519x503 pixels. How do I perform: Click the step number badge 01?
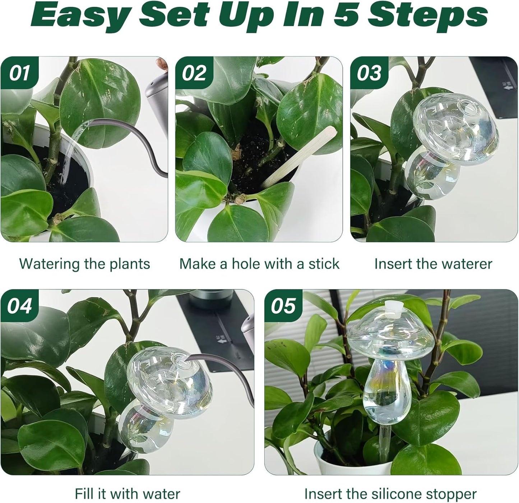pyautogui.click(x=19, y=73)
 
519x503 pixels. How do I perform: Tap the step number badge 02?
pyautogui.click(x=194, y=73)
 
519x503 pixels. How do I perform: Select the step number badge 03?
pyautogui.click(x=369, y=73)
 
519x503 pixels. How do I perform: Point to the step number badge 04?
pyautogui.click(x=19, y=306)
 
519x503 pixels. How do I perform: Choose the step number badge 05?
pyautogui.click(x=283, y=306)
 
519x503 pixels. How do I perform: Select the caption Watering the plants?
pyautogui.click(x=84, y=264)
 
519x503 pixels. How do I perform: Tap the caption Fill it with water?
pyautogui.click(x=127, y=494)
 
